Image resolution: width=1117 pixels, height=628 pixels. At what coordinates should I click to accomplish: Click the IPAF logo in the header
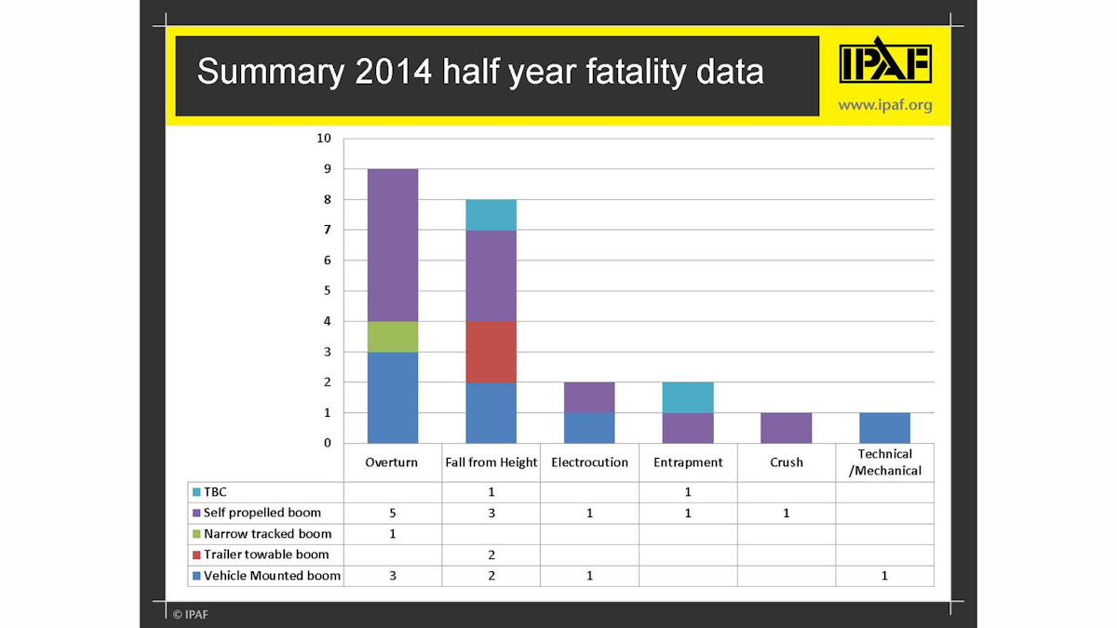pyautogui.click(x=884, y=62)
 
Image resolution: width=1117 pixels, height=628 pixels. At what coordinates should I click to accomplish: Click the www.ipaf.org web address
pyautogui.click(x=884, y=105)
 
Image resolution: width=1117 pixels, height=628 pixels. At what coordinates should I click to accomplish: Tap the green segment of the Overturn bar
pyautogui.click(x=393, y=337)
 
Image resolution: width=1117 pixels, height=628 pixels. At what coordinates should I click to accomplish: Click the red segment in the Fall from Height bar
pyautogui.click(x=491, y=352)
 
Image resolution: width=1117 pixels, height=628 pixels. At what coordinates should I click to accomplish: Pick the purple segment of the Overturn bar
pyautogui.click(x=393, y=245)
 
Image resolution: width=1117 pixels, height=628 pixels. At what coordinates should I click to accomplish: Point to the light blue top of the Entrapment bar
pyautogui.click(x=688, y=397)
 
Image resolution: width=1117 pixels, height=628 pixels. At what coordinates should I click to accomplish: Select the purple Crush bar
pyautogui.click(x=787, y=428)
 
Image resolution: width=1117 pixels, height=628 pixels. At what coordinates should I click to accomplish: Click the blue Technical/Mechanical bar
pyautogui.click(x=884, y=428)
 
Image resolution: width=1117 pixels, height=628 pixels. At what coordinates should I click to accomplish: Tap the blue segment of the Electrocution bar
pyautogui.click(x=589, y=428)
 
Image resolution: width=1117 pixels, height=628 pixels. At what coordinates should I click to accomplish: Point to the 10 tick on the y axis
pyautogui.click(x=324, y=139)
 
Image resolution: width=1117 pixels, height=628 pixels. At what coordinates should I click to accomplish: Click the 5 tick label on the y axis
pyautogui.click(x=327, y=291)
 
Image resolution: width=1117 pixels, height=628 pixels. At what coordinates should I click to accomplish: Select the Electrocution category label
pyautogui.click(x=589, y=462)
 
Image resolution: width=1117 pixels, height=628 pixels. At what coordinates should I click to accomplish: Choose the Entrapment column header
pyautogui.click(x=688, y=462)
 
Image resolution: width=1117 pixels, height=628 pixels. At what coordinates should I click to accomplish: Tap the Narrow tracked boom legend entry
pyautogui.click(x=266, y=534)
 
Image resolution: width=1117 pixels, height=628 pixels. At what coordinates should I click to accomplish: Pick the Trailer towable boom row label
pyautogui.click(x=265, y=555)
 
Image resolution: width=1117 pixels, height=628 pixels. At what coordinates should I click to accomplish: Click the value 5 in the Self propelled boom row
pyautogui.click(x=393, y=514)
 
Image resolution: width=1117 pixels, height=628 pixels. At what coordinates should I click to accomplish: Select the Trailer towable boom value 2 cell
pyautogui.click(x=491, y=555)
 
